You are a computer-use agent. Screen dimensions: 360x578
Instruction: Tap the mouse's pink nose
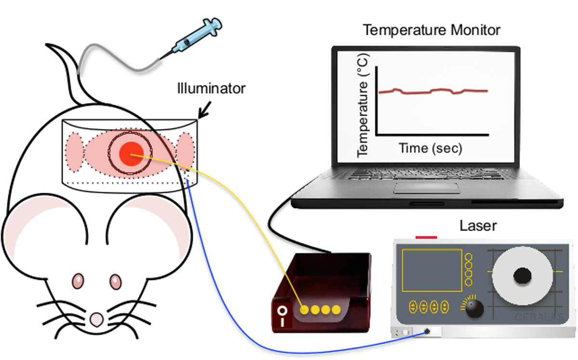pos(97,319)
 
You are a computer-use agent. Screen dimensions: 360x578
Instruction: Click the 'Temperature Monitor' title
pos(432,30)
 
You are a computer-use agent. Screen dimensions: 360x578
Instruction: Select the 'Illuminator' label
pos(211,89)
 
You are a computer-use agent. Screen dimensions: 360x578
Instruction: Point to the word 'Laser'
pos(478,225)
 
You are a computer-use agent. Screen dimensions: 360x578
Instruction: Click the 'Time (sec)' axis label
pos(430,148)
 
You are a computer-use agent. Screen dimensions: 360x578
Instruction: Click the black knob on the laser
pos(474,308)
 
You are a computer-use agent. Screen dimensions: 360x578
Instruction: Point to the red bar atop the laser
pos(426,237)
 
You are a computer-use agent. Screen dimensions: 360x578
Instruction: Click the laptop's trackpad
pos(426,187)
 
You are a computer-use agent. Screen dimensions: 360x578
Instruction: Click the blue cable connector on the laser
pos(427,332)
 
